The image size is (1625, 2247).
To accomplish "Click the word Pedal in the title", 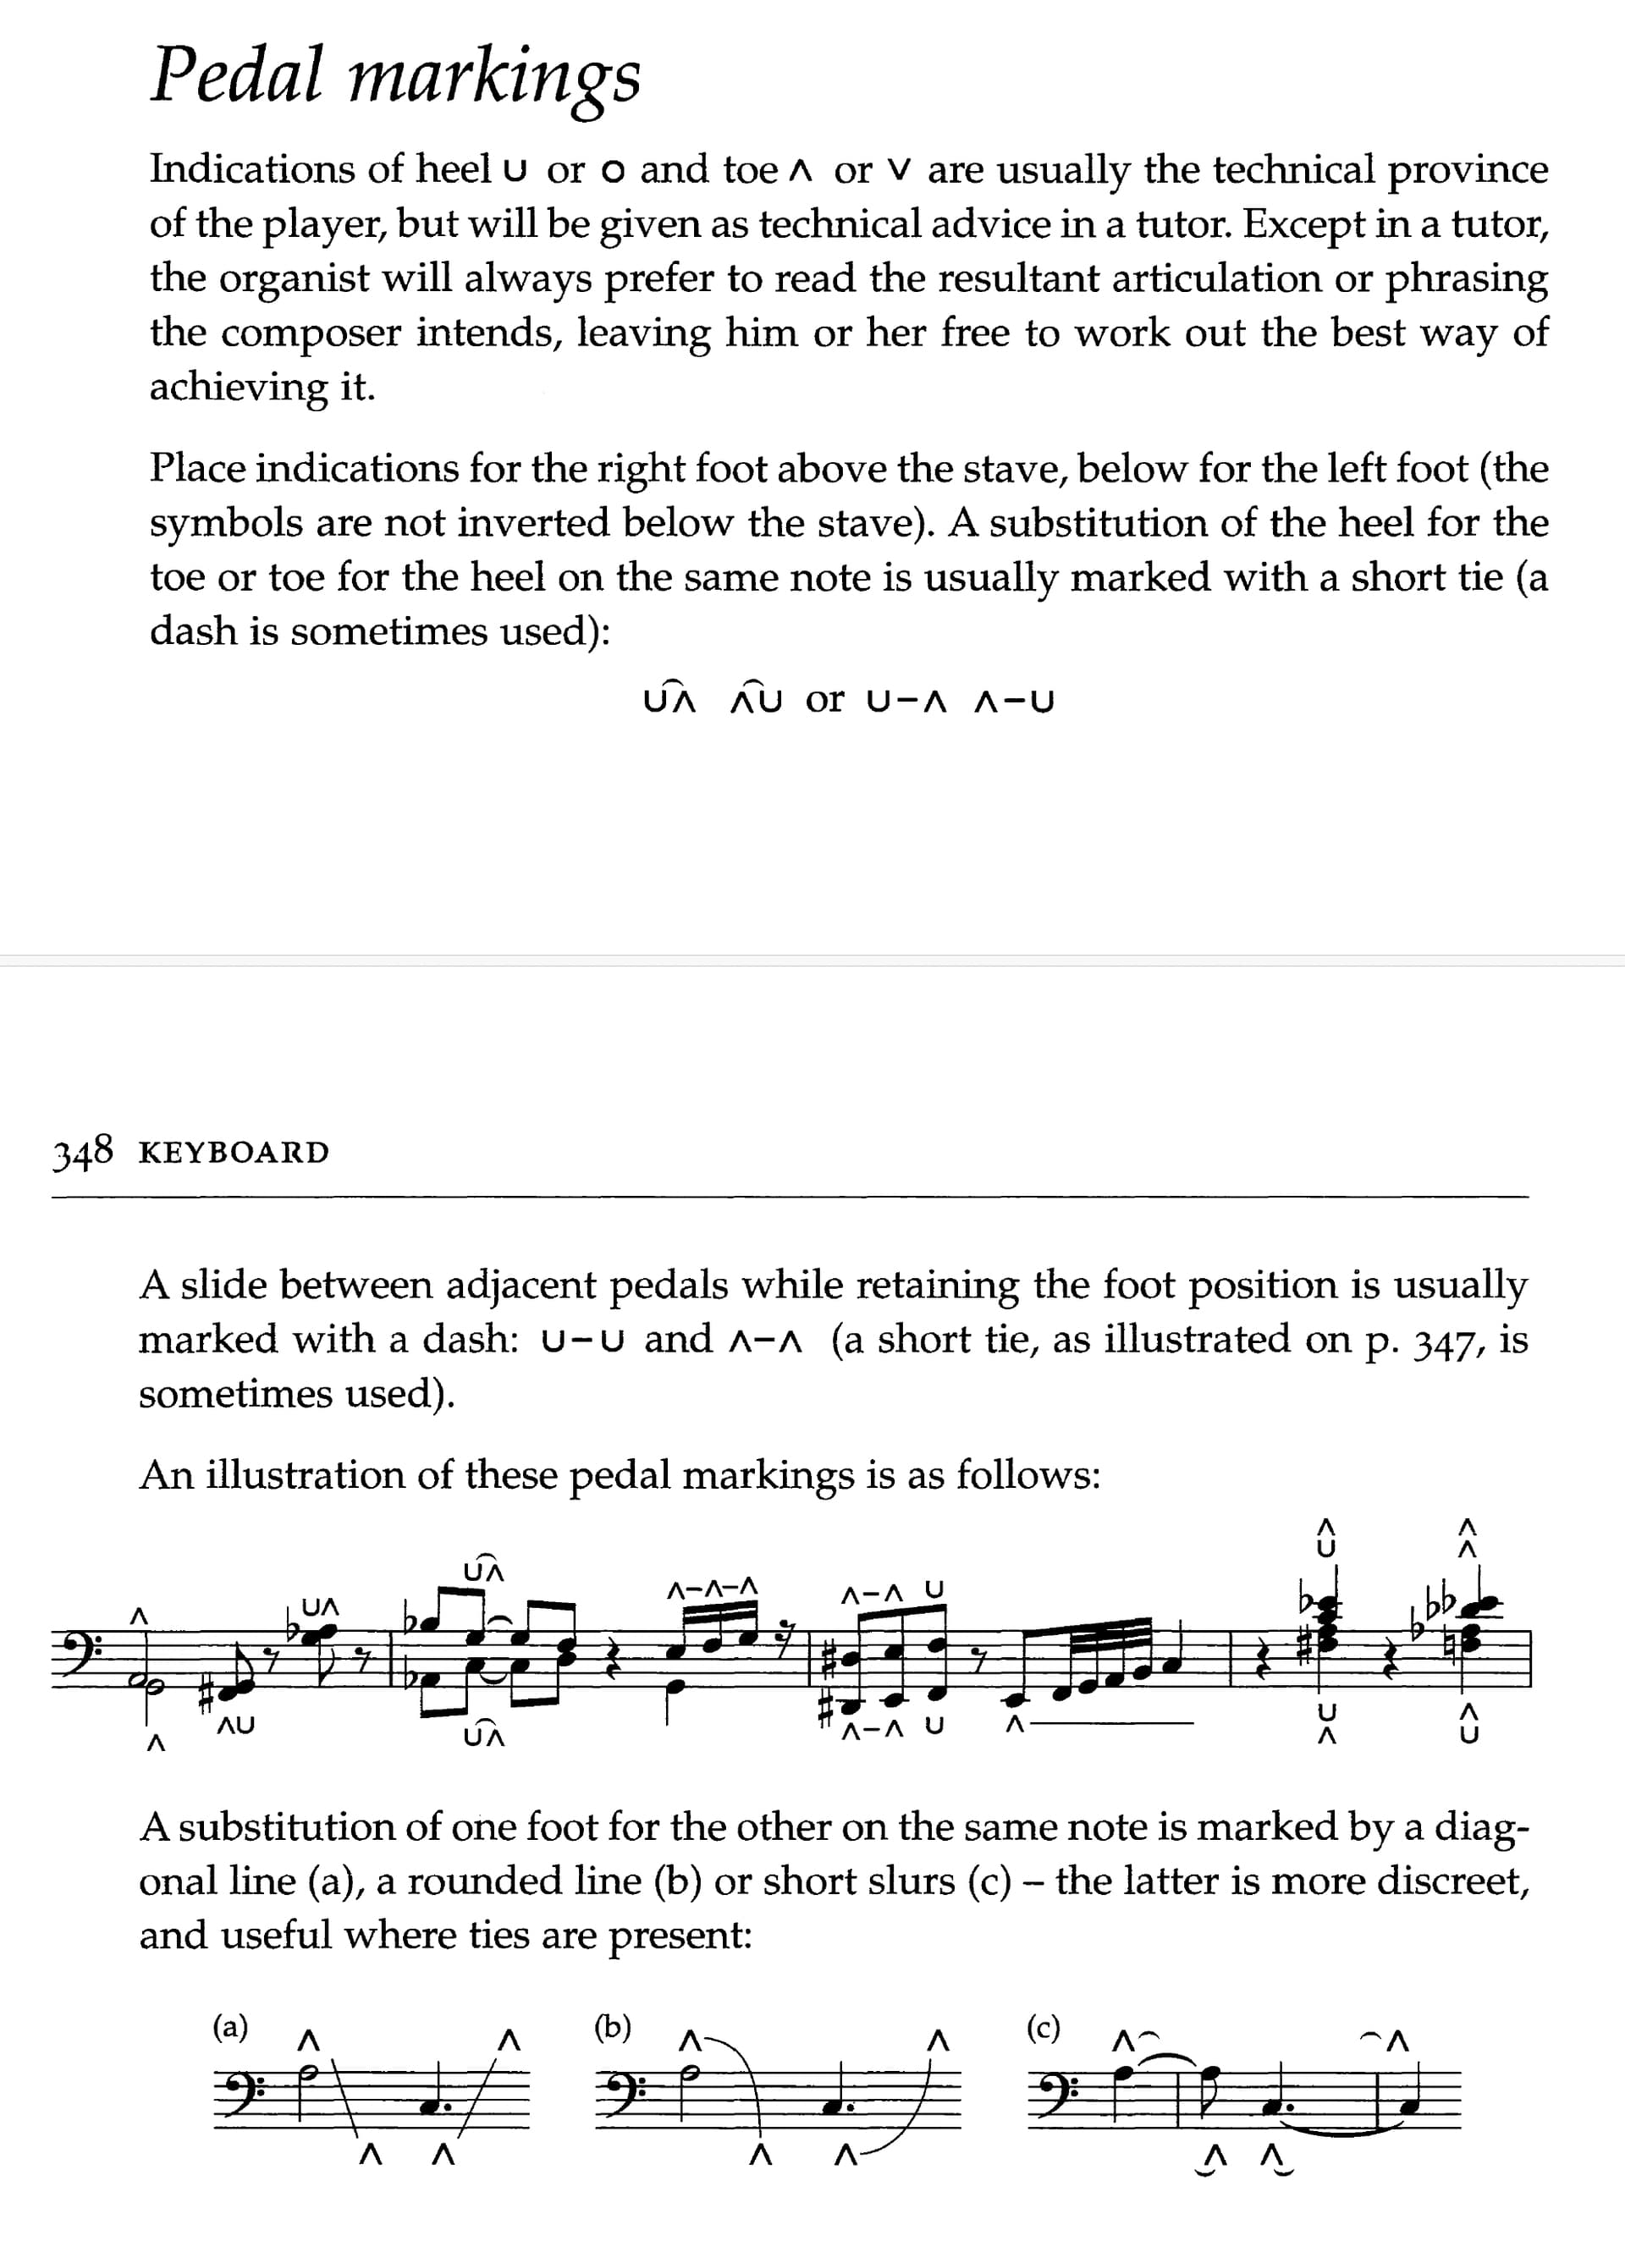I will click(x=237, y=76).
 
